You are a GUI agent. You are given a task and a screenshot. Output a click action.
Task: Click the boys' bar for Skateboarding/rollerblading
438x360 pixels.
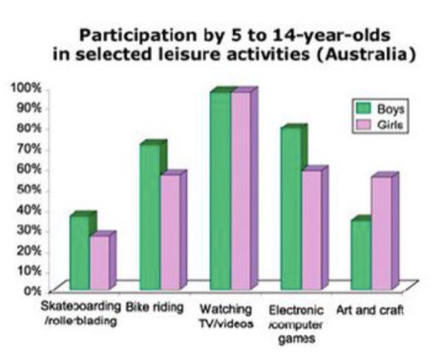click(x=79, y=248)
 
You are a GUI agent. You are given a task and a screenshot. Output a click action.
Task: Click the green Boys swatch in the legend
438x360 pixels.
click(x=362, y=108)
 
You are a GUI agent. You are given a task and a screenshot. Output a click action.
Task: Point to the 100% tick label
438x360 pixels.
click(x=24, y=87)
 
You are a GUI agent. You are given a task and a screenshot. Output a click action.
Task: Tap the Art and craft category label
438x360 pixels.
click(x=370, y=309)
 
